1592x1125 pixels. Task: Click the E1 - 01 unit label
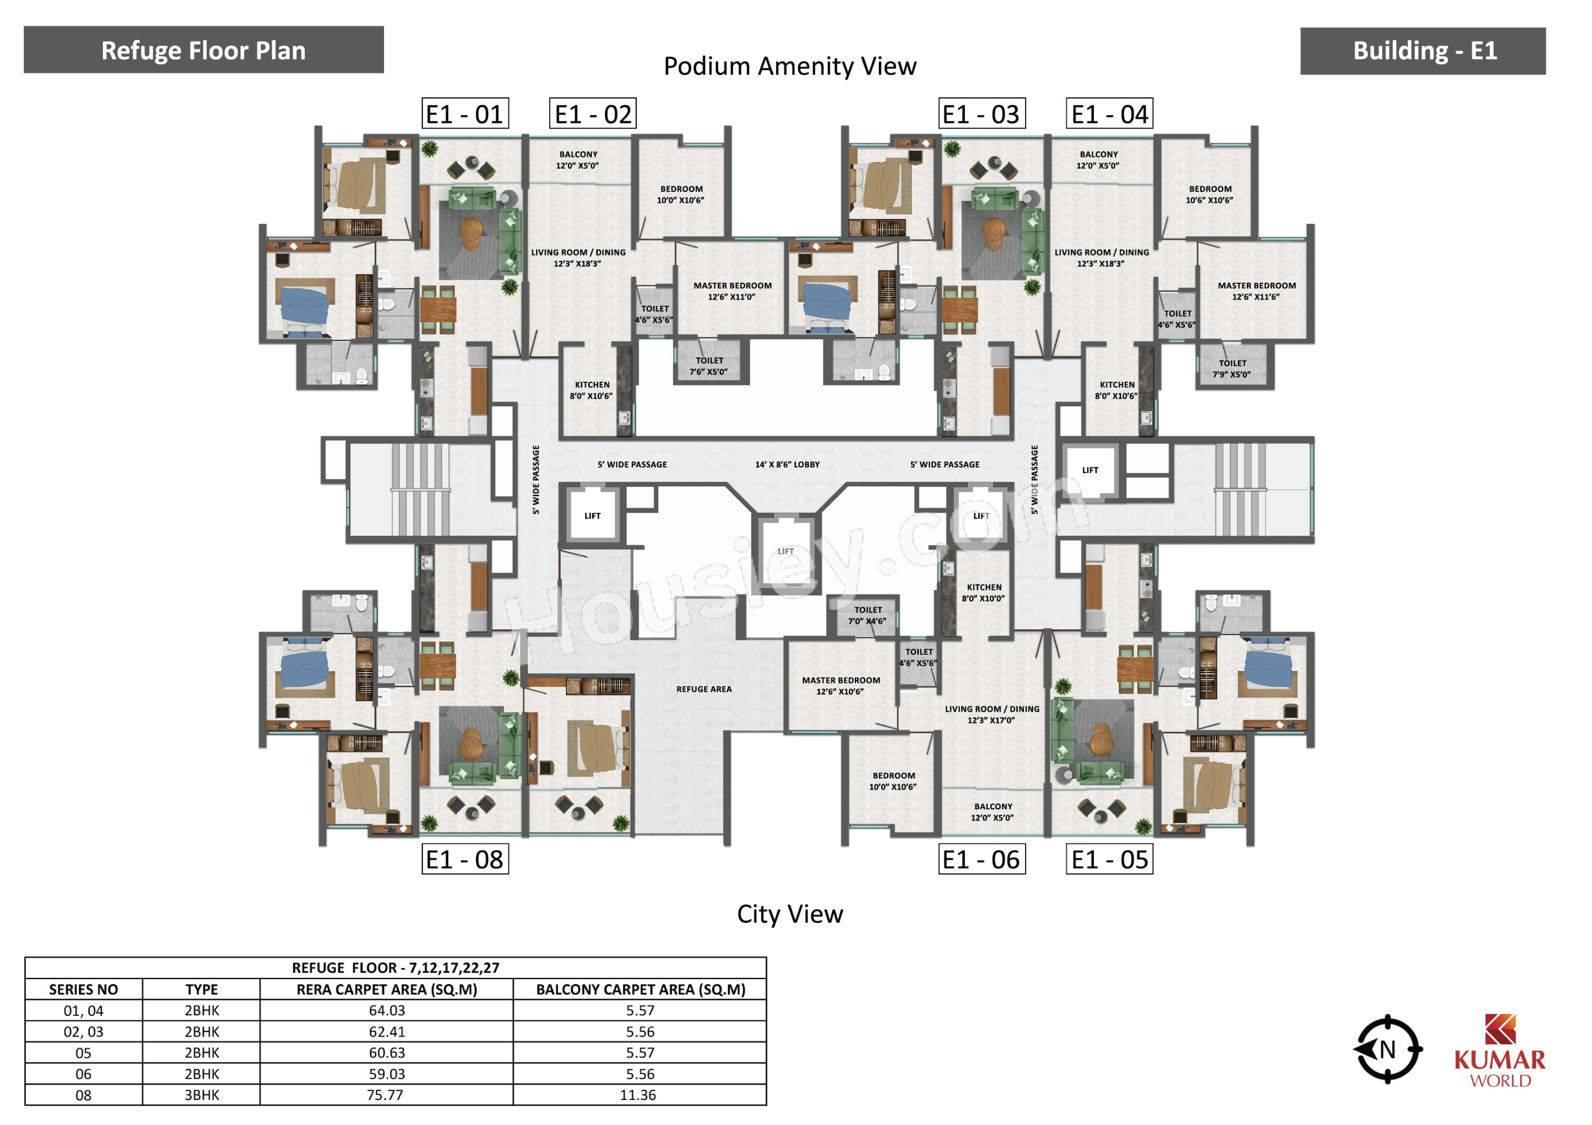click(465, 114)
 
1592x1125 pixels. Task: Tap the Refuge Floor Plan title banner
click(204, 50)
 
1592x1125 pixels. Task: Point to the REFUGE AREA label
click(704, 689)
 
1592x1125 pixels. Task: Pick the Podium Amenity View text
click(790, 66)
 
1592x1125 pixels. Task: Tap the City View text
click(790, 913)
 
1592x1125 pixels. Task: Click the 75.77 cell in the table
click(386, 1095)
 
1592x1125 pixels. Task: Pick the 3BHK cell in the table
click(202, 1095)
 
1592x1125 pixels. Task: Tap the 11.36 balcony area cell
click(639, 1095)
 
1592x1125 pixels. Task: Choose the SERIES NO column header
click(83, 989)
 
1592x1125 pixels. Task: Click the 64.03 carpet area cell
click(386, 1011)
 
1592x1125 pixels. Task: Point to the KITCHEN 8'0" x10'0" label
click(984, 593)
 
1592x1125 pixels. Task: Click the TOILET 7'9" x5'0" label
click(1232, 369)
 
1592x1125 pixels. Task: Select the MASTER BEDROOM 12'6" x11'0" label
click(732, 291)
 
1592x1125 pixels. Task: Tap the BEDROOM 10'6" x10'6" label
click(1210, 194)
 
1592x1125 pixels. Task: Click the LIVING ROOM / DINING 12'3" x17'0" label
click(992, 715)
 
